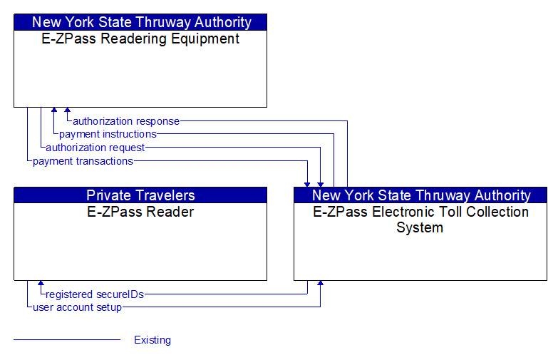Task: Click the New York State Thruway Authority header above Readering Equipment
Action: (140, 22)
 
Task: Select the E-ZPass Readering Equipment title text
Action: (140, 39)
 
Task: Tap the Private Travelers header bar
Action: (140, 195)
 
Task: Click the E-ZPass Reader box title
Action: (140, 212)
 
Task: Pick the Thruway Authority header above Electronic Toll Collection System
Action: (420, 195)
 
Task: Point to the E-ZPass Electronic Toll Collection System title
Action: (420, 220)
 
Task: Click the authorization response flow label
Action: (126, 121)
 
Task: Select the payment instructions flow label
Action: (108, 134)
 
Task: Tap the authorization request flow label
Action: (95, 148)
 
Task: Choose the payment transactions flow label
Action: (83, 161)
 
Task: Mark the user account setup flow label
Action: (77, 307)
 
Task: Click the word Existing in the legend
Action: (153, 340)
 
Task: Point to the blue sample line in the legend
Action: (67, 340)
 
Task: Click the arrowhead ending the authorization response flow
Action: (67, 111)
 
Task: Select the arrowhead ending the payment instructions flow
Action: (54, 111)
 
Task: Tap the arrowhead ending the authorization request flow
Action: (321, 183)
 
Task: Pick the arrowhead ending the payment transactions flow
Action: (307, 183)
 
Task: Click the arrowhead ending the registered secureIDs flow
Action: (41, 284)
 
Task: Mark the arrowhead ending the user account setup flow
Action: (321, 284)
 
